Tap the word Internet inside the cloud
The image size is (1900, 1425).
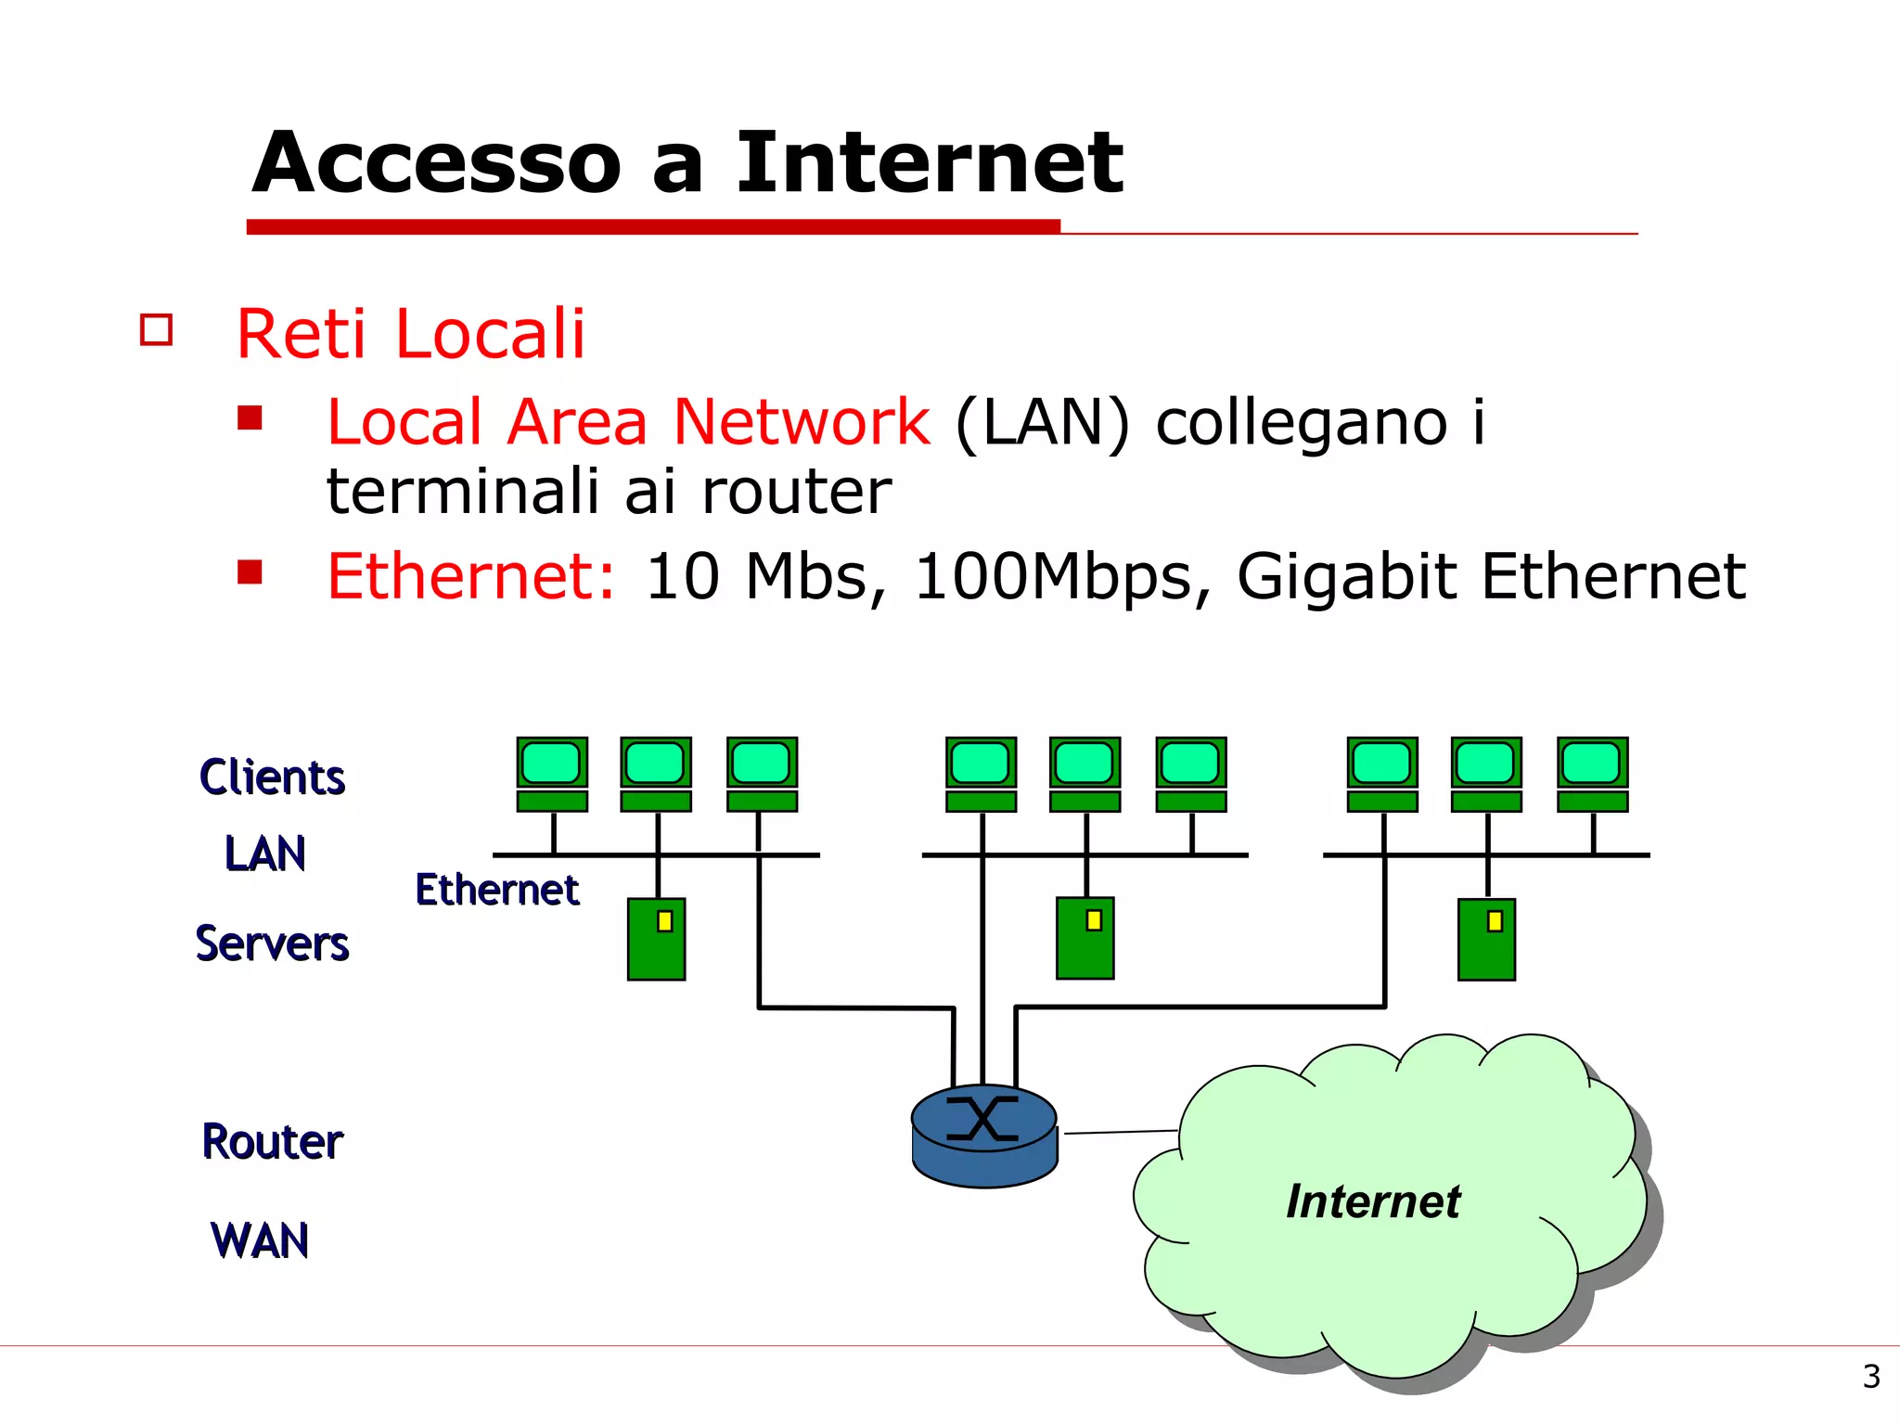pos(1373,1201)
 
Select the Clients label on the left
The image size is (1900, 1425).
pos(272,777)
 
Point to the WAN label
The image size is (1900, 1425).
pos(260,1241)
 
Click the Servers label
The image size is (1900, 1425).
pos(272,944)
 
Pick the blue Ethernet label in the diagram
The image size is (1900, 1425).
pos(496,890)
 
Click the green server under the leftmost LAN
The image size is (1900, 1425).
pos(656,939)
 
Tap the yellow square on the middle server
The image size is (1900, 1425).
pos(1094,920)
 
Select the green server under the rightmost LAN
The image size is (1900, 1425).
pos(1486,939)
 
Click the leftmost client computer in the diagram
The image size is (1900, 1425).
pos(552,774)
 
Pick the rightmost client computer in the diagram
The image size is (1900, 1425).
pos(1592,774)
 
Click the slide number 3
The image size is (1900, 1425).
pos(1871,1376)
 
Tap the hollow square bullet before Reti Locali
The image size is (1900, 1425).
pos(156,330)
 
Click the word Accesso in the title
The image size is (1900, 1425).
pos(436,163)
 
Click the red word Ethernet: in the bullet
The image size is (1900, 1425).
pos(470,576)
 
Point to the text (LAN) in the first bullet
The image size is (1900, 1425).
pos(1042,423)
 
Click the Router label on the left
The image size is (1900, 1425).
pos(272,1142)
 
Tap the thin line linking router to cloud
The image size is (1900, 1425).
pos(1120,1132)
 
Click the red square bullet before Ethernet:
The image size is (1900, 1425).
pos(250,571)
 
